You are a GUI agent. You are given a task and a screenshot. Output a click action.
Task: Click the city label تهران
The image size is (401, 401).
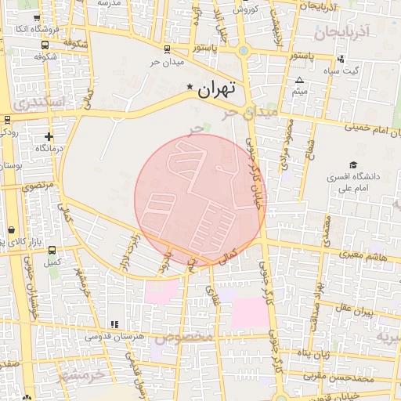point(217,89)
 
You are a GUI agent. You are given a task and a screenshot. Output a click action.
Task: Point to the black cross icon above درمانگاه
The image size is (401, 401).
point(49,137)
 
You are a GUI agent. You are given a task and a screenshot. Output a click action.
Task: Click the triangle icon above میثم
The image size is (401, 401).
point(298,81)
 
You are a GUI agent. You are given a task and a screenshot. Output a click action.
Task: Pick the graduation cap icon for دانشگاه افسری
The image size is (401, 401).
point(354,165)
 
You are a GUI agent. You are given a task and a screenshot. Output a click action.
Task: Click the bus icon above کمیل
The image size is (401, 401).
point(52,251)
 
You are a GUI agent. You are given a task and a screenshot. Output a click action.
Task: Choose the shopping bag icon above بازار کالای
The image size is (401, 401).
point(12,229)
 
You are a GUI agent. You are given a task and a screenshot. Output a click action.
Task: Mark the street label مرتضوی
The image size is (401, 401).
point(36,186)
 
